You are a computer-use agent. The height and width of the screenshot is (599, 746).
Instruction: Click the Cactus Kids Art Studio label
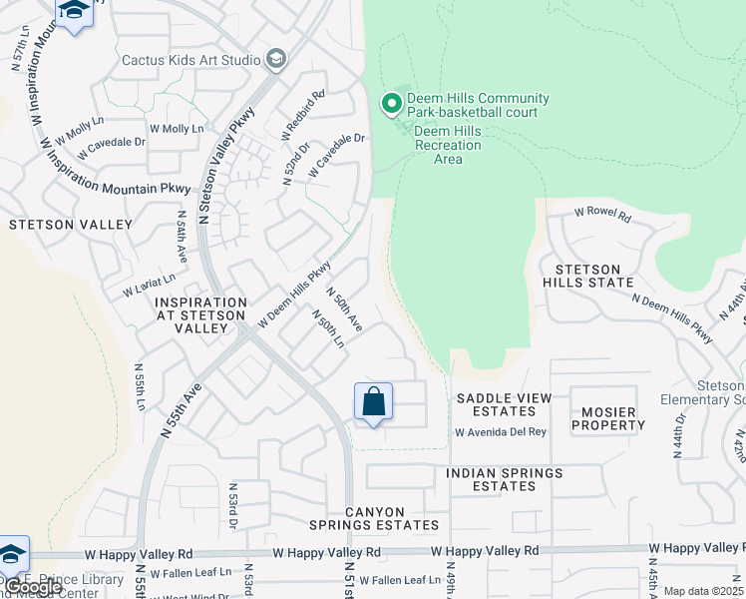[x=189, y=60]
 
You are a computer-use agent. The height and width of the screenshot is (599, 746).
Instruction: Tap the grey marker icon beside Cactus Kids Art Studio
[x=275, y=61]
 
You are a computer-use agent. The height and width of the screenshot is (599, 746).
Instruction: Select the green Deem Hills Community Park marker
[x=392, y=103]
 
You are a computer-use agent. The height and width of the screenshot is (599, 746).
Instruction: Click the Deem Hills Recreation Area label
[x=448, y=145]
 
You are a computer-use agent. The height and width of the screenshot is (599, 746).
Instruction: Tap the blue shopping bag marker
[x=373, y=402]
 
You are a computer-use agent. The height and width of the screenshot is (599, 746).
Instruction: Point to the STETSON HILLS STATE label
[x=588, y=277]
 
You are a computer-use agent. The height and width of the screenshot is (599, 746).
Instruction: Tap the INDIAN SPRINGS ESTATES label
[x=504, y=479]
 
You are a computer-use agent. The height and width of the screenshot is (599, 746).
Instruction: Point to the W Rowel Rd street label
[x=603, y=215]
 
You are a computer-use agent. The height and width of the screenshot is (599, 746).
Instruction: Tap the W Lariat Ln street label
[x=149, y=286]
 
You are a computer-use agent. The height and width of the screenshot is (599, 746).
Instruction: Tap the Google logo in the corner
[x=32, y=588]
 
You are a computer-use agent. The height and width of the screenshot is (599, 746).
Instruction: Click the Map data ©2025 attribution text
[x=703, y=591]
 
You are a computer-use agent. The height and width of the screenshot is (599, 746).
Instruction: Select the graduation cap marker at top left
[x=73, y=12]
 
